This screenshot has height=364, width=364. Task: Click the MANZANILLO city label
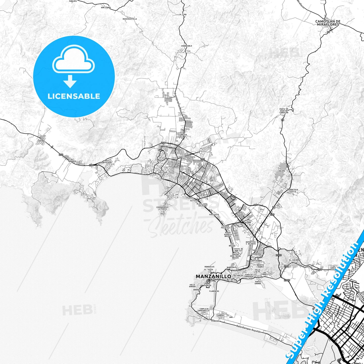point(213,276)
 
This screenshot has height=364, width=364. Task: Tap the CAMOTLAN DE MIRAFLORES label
point(328,23)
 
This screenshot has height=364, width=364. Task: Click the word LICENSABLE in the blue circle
point(74,96)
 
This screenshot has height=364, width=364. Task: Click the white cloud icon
point(74,60)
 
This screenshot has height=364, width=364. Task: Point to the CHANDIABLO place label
point(186,46)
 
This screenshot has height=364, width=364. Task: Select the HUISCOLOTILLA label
point(130,19)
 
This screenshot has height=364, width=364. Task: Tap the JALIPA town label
point(282,171)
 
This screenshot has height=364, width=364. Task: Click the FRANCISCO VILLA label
point(293,191)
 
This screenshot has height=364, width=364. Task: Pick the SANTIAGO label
point(162,172)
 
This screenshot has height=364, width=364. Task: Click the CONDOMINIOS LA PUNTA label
point(162,208)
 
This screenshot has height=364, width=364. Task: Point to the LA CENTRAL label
point(41,140)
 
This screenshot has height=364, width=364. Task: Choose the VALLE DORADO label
point(192,286)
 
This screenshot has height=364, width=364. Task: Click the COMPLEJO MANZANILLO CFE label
point(204,311)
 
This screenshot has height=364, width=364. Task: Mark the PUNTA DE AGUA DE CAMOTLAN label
point(284,111)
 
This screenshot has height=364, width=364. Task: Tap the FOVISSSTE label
point(214,215)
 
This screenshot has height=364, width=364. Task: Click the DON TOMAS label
point(106,8)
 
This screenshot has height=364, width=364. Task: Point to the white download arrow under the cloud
point(70,81)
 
